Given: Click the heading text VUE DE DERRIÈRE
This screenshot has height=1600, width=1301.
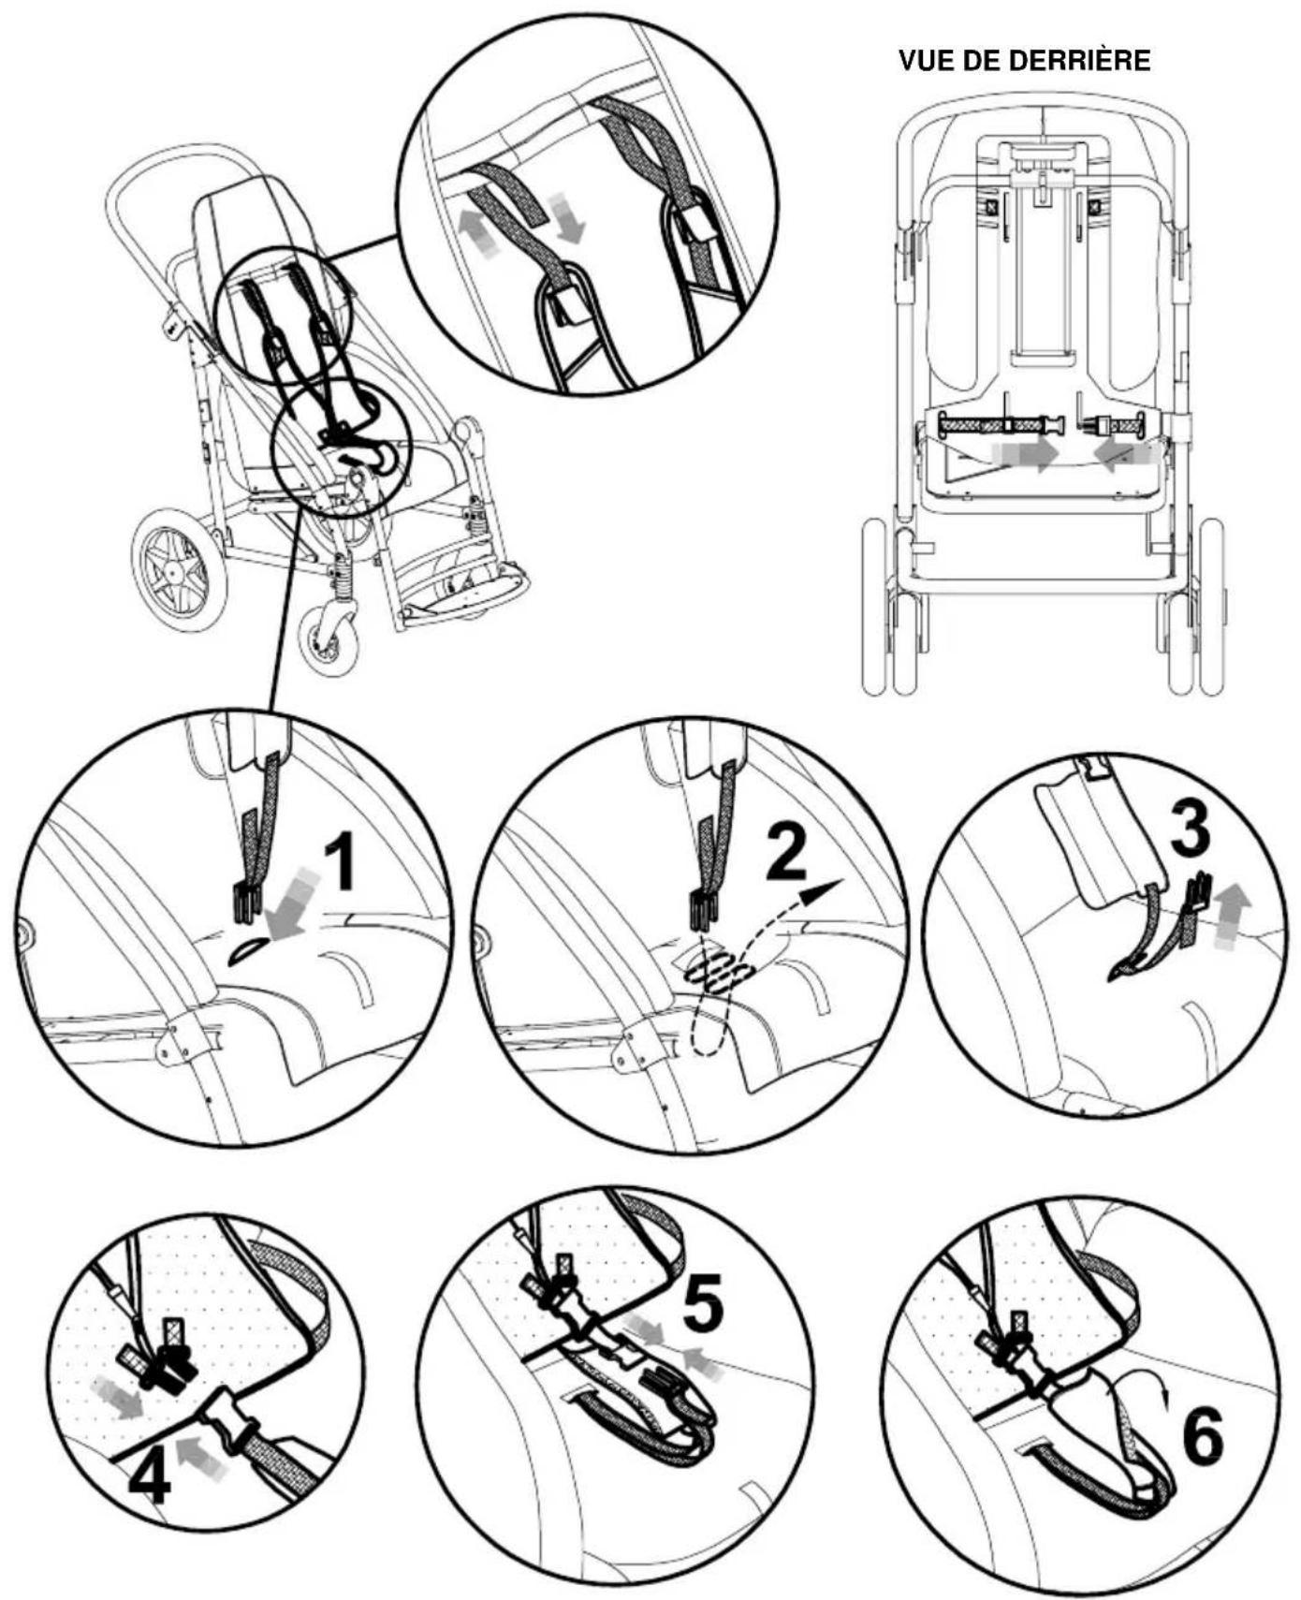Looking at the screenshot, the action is (x=1024, y=61).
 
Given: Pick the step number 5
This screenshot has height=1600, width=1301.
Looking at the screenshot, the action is (x=702, y=1303).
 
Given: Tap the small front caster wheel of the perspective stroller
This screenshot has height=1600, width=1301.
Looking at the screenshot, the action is (x=328, y=639).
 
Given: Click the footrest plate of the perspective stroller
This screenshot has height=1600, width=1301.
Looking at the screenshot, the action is (x=464, y=597).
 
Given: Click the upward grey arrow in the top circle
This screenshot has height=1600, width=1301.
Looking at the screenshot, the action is (x=475, y=228).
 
